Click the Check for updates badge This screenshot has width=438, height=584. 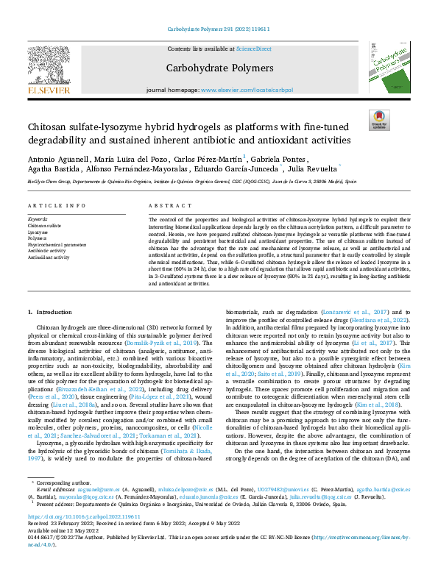point(378,120)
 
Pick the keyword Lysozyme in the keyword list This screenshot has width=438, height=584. point(38,232)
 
